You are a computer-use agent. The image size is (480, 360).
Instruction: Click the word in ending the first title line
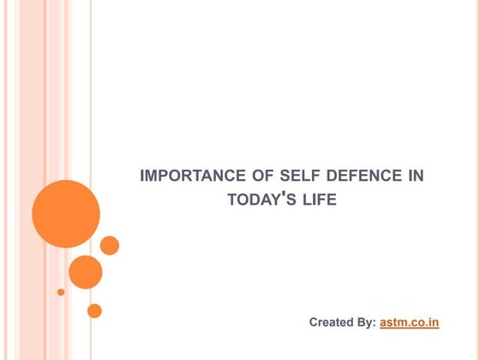pos(415,177)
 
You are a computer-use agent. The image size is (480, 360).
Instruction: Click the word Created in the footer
pos(330,322)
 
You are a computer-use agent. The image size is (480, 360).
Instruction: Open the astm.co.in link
pos(409,322)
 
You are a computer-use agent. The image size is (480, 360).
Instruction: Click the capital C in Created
pos(314,322)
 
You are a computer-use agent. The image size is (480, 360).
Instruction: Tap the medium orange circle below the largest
pos(86,272)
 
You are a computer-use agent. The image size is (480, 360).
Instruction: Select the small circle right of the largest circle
pos(110,245)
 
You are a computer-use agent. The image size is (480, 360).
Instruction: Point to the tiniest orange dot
pos(61,291)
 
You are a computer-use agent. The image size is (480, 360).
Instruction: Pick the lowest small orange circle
pos(94,310)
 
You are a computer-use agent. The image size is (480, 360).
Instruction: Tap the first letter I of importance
pos(141,177)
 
